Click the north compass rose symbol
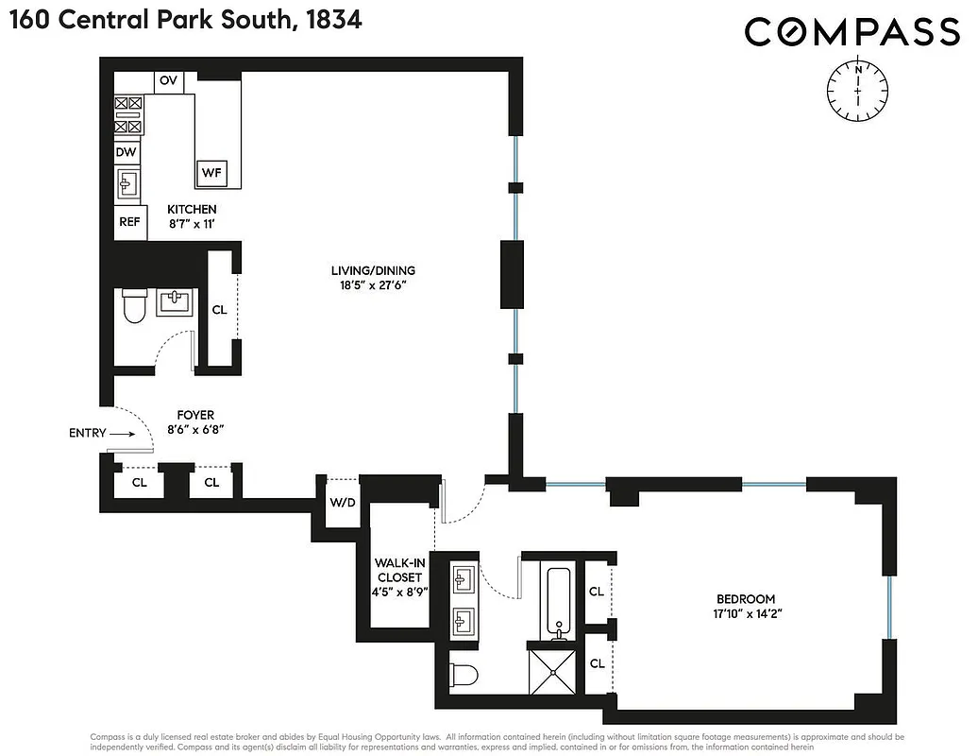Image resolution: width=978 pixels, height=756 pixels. (857, 91)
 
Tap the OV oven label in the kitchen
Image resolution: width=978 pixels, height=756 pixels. (168, 81)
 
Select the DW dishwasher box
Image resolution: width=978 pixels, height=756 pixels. (127, 151)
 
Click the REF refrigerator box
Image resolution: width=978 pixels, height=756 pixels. (128, 222)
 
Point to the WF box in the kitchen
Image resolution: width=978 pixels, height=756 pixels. (211, 173)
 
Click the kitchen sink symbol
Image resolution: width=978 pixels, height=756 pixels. (128, 184)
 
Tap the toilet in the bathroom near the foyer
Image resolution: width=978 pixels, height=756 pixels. (134, 304)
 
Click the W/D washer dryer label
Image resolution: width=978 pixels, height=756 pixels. (342, 502)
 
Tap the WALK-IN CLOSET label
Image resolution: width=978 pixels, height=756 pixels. (397, 570)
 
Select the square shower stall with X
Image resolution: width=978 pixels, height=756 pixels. (550, 669)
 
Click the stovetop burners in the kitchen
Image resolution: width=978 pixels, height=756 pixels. (128, 114)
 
